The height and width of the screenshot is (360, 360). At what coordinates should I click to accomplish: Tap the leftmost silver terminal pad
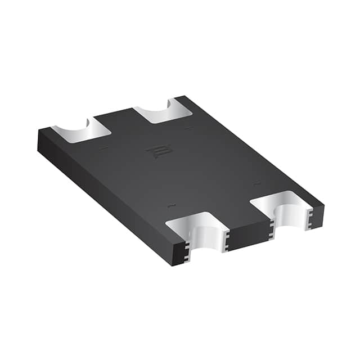click(82, 130)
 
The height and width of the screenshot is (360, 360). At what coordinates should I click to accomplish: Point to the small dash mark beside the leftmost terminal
click(103, 148)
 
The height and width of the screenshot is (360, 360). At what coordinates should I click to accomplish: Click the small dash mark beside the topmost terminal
click(188, 128)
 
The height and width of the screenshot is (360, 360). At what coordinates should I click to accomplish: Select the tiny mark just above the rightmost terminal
click(256, 183)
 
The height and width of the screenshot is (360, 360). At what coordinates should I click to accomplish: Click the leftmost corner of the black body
click(39, 131)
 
